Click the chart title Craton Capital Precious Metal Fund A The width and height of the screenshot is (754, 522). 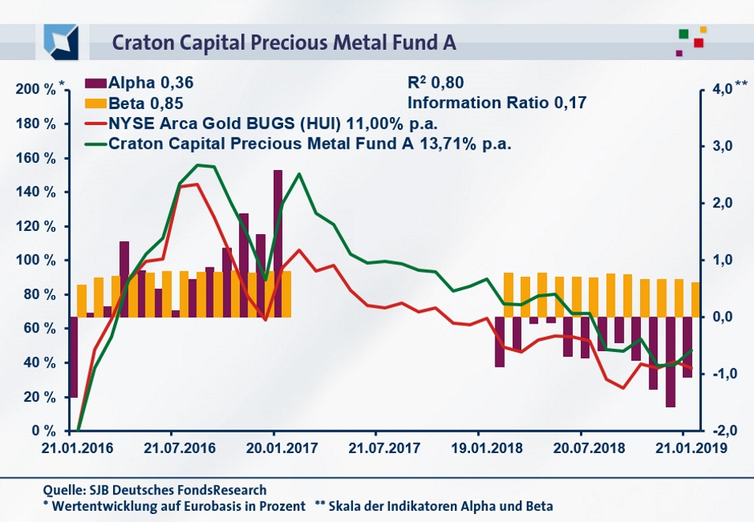(284, 42)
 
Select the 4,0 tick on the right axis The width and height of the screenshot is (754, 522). (722, 89)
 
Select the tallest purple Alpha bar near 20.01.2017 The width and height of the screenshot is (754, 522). (278, 243)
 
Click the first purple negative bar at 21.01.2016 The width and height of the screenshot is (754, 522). (74, 357)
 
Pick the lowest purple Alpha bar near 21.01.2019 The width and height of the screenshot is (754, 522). (671, 361)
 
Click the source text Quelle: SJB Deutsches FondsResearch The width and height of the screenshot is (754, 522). (155, 490)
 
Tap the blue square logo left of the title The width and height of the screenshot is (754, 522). (60, 40)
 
